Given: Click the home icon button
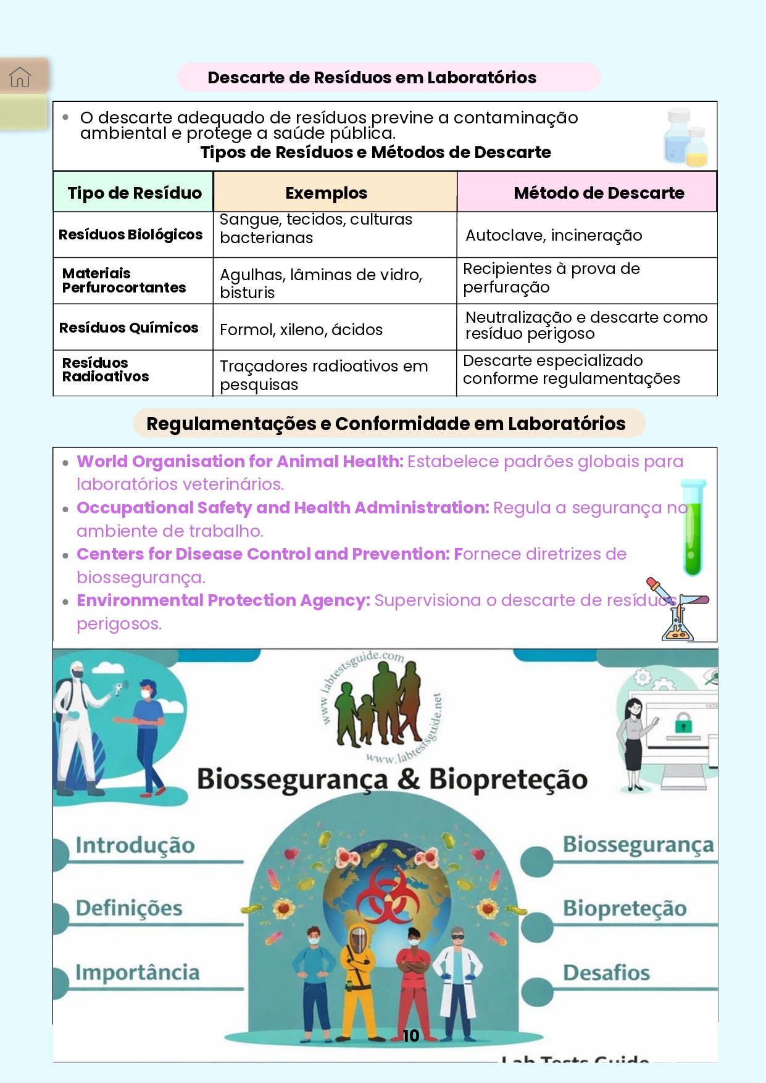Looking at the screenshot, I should [20, 77].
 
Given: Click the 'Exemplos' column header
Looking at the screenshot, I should [326, 193].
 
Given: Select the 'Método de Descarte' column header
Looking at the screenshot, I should [598, 193].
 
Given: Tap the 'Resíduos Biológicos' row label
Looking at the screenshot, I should [130, 234].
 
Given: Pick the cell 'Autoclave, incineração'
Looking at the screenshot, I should [554, 235].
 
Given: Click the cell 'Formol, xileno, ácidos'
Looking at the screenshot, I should [301, 330].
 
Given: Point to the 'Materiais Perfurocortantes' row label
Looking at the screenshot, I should [123, 281].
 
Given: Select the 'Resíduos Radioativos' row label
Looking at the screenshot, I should [105, 370].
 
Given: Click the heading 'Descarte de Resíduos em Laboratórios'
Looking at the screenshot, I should [372, 78].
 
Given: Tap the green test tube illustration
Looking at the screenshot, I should [693, 528].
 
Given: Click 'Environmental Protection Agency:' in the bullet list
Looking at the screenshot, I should [223, 600].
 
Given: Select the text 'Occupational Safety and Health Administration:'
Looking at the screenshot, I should [283, 508].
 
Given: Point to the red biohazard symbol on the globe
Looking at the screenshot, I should [388, 895].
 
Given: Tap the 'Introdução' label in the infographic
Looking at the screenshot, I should [135, 845].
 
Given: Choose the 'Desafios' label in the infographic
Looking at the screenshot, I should [606, 973].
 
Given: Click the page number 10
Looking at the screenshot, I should [410, 1036].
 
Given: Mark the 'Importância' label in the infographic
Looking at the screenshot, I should [138, 973].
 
